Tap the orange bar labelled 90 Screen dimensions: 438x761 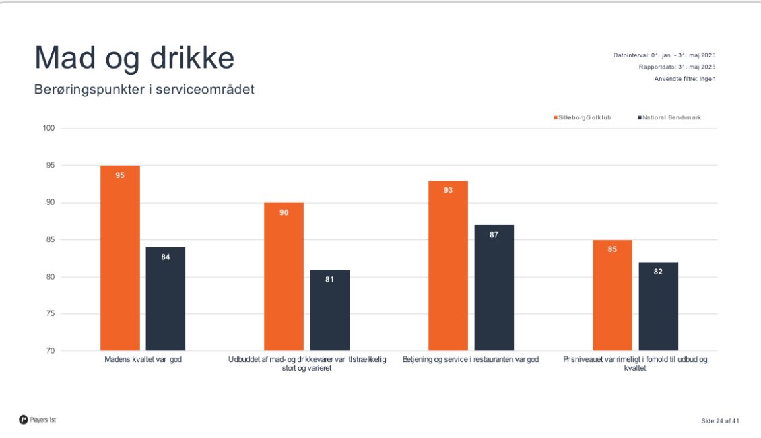pyautogui.click(x=284, y=276)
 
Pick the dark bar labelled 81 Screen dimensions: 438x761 pyautogui.click(x=330, y=310)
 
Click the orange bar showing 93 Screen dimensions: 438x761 pyautogui.click(x=448, y=265)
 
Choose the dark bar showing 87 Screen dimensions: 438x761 pyautogui.click(x=494, y=288)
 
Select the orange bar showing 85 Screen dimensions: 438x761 pyautogui.click(x=612, y=295)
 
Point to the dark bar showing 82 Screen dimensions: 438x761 pyautogui.click(x=658, y=307)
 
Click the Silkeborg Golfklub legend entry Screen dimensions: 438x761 pyautogui.click(x=583, y=118)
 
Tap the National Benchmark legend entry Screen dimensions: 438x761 pyautogui.click(x=669, y=118)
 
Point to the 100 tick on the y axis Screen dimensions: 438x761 pyautogui.click(x=48, y=129)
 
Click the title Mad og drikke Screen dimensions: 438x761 pyautogui.click(x=135, y=58)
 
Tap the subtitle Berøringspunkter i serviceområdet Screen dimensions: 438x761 pyautogui.click(x=144, y=89)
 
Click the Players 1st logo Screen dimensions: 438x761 pyautogui.click(x=38, y=420)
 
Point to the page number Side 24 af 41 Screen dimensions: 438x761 pyautogui.click(x=720, y=421)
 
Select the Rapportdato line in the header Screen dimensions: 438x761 pyautogui.click(x=677, y=67)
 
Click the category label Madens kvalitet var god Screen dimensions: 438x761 pyautogui.click(x=143, y=360)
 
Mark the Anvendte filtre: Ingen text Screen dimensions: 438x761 pyautogui.click(x=684, y=79)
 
